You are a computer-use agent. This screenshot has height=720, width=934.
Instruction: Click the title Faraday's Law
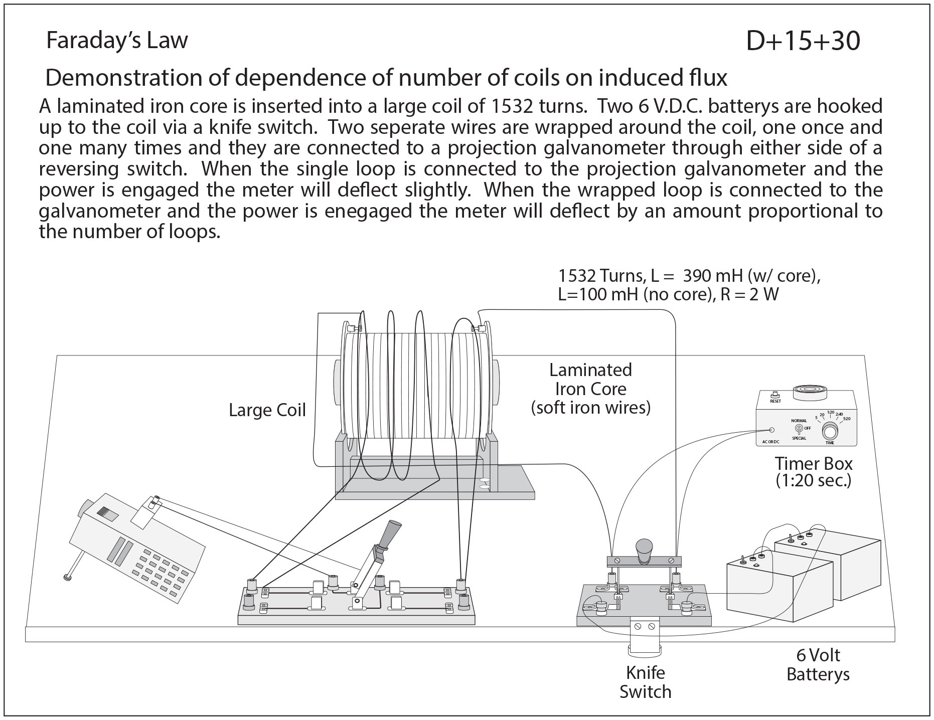coord(117,41)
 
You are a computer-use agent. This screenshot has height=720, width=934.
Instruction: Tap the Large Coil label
coord(267,410)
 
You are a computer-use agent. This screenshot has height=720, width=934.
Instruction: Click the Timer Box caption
coord(813,471)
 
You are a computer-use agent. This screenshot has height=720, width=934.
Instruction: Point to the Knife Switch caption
coord(645,682)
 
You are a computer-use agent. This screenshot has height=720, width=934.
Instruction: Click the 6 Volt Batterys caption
coord(818,665)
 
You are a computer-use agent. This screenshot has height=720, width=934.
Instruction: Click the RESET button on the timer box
coord(775,395)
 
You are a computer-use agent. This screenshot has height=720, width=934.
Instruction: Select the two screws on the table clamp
coord(645,627)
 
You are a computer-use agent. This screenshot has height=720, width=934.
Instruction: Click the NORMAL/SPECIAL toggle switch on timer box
coord(799,429)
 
